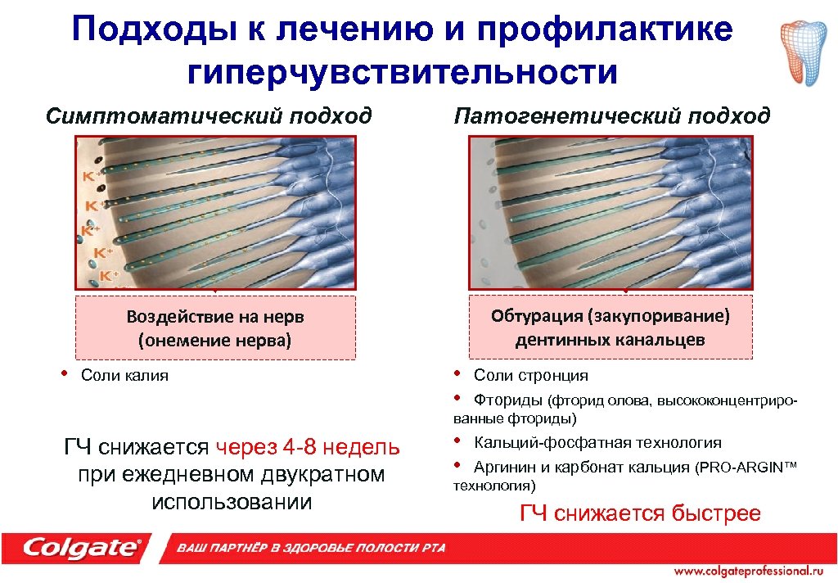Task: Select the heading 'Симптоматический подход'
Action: [x=209, y=115]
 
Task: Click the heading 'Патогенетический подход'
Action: [x=612, y=115]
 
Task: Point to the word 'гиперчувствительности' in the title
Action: [x=403, y=73]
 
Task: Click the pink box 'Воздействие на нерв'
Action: [x=215, y=328]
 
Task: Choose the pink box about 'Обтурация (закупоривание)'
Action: [x=610, y=328]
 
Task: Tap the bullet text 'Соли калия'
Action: [x=124, y=376]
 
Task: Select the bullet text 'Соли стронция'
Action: [x=530, y=376]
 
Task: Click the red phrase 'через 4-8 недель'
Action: [x=309, y=448]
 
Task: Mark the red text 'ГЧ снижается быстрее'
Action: [x=641, y=513]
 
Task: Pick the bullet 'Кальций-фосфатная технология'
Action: [x=597, y=443]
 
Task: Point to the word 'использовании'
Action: [x=232, y=501]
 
